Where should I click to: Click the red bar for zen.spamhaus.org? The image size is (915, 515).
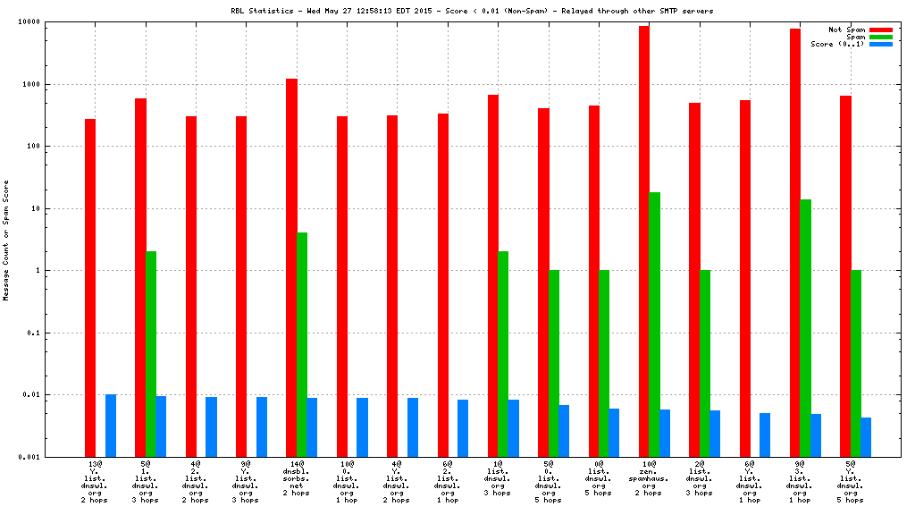coord(644,241)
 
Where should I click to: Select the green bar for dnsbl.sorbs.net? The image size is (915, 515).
coord(302,344)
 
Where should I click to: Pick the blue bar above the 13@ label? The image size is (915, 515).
coord(111,426)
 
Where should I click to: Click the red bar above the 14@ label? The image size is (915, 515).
coord(291,267)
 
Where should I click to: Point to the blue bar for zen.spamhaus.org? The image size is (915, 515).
coord(665,433)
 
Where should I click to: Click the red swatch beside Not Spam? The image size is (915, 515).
coord(880,30)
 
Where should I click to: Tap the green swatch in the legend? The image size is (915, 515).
coord(880,37)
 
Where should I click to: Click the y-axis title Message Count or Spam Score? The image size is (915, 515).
coord(7,239)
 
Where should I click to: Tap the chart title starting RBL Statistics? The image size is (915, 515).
coord(472,11)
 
